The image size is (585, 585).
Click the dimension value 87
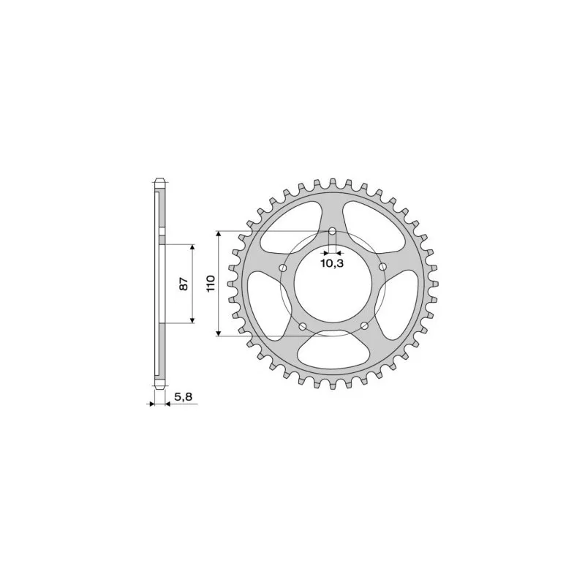click(x=184, y=283)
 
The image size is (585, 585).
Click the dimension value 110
click(x=209, y=283)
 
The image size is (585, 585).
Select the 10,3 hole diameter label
click(x=332, y=263)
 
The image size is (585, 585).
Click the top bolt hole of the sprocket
click(x=333, y=232)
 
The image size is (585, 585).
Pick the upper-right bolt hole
click(x=382, y=268)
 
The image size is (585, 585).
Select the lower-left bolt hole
click(x=302, y=326)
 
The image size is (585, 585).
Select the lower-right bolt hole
click(x=363, y=326)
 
